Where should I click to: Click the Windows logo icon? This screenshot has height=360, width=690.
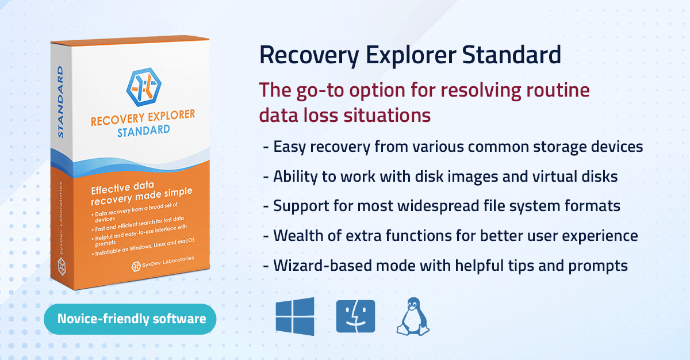pos(295,316)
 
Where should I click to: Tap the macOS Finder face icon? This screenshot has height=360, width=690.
pos(355,316)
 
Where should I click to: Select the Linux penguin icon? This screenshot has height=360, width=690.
pos(413,316)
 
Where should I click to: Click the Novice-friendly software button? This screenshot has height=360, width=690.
pos(132,319)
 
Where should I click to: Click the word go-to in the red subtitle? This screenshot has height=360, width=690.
pos(324,91)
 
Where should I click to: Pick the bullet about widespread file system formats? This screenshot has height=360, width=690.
pos(442,206)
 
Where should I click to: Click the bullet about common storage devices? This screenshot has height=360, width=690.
pos(453,146)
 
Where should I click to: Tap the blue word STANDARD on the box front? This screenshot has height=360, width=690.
pos(144,132)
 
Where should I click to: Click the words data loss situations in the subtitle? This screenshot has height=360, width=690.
pos(344,115)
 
